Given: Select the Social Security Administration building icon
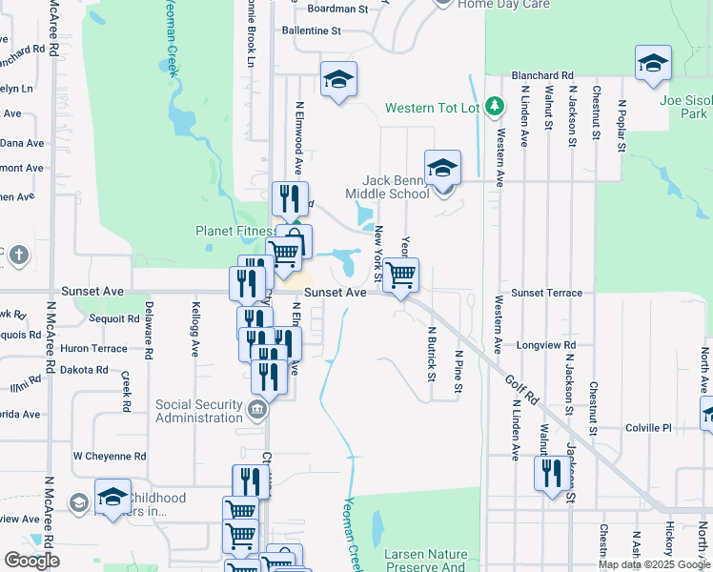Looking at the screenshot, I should (x=256, y=411).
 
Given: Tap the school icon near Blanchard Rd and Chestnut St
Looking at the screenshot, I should (x=653, y=64).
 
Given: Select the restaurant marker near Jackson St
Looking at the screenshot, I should (x=552, y=475).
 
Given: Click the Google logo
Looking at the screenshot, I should (x=31, y=561).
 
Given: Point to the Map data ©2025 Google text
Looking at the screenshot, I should (x=654, y=563).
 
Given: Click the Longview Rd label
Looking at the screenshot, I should (x=545, y=345).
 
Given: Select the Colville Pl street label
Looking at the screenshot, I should (x=649, y=428).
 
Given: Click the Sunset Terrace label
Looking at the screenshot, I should (x=546, y=293).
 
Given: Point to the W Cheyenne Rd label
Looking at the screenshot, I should (x=110, y=456).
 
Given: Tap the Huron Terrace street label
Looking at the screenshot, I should (x=93, y=349).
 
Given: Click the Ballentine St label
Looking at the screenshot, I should (x=311, y=31).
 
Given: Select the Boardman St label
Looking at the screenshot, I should (x=338, y=9).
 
